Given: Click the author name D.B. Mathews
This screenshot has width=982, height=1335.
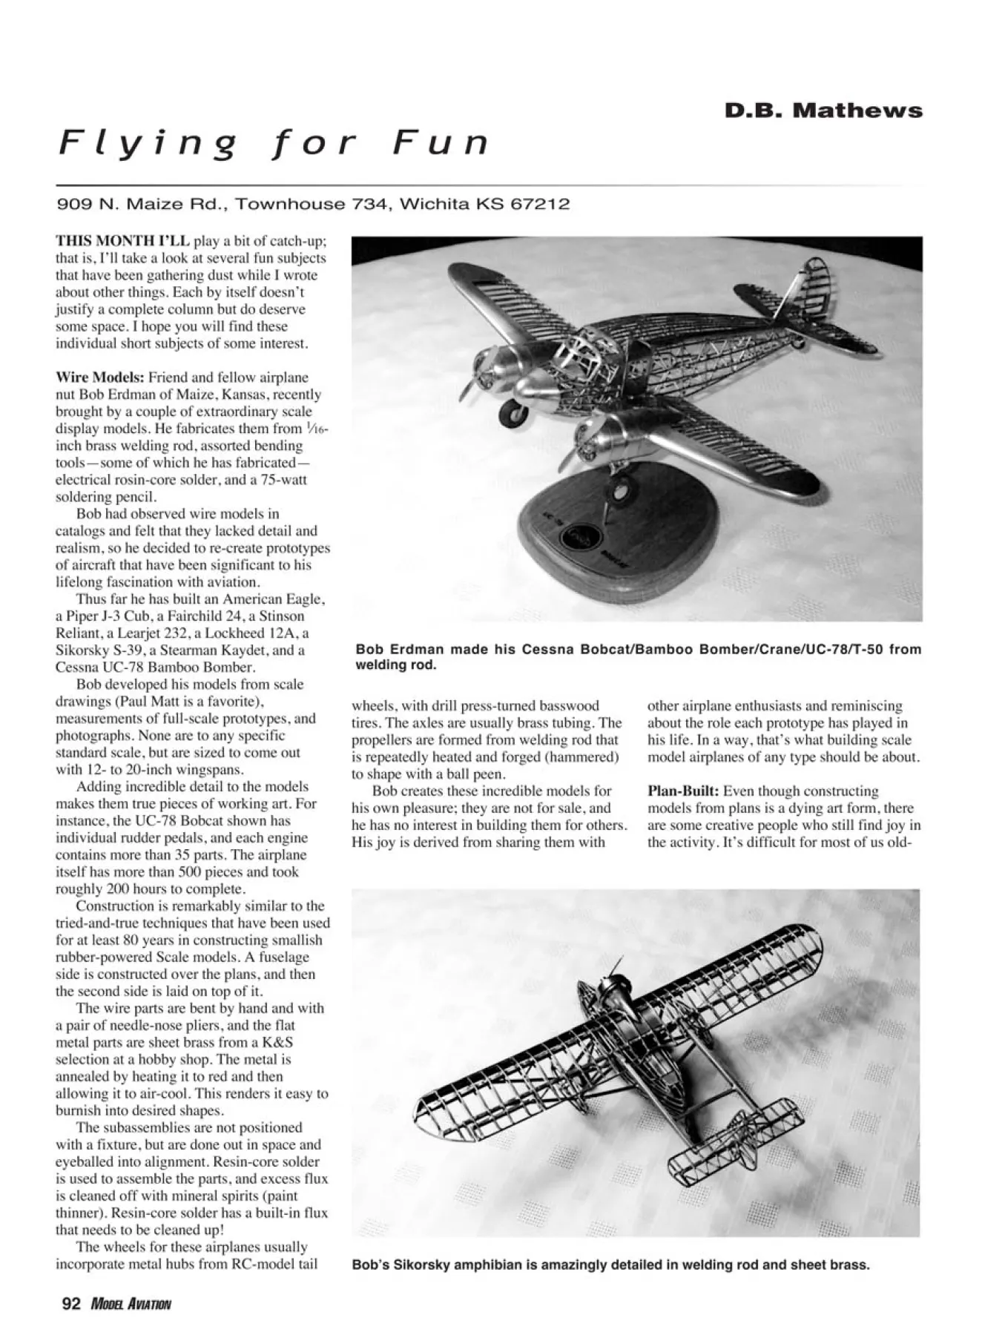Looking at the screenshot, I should tap(823, 111).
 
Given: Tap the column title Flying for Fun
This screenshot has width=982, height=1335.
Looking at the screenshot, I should tap(274, 143).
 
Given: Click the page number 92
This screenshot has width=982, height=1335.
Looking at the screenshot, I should tap(71, 1305).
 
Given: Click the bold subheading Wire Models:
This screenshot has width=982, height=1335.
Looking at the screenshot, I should tap(100, 378).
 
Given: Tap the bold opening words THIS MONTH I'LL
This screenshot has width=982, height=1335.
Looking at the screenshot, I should tap(122, 241).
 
